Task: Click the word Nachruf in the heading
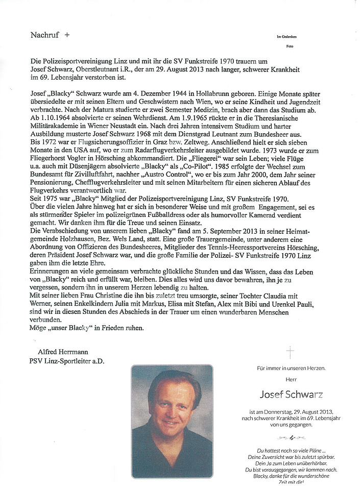coord(45,35)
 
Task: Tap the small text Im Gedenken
coord(286,37)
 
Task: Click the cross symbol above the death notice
coord(291,352)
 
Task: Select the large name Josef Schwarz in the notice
coord(291,395)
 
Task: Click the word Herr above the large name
coord(291,379)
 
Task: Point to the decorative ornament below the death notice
coord(290,438)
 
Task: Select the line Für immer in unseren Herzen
coord(291,368)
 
